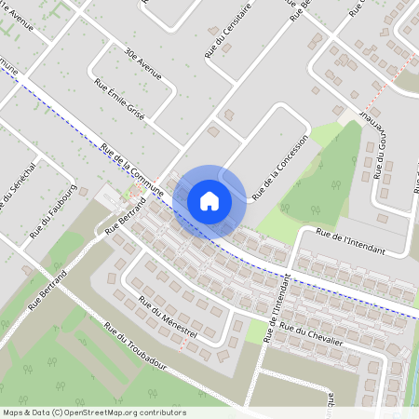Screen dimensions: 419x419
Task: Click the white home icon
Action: (209, 200)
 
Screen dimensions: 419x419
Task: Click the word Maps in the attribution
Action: (13, 412)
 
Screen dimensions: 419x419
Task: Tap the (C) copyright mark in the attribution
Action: (58, 412)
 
